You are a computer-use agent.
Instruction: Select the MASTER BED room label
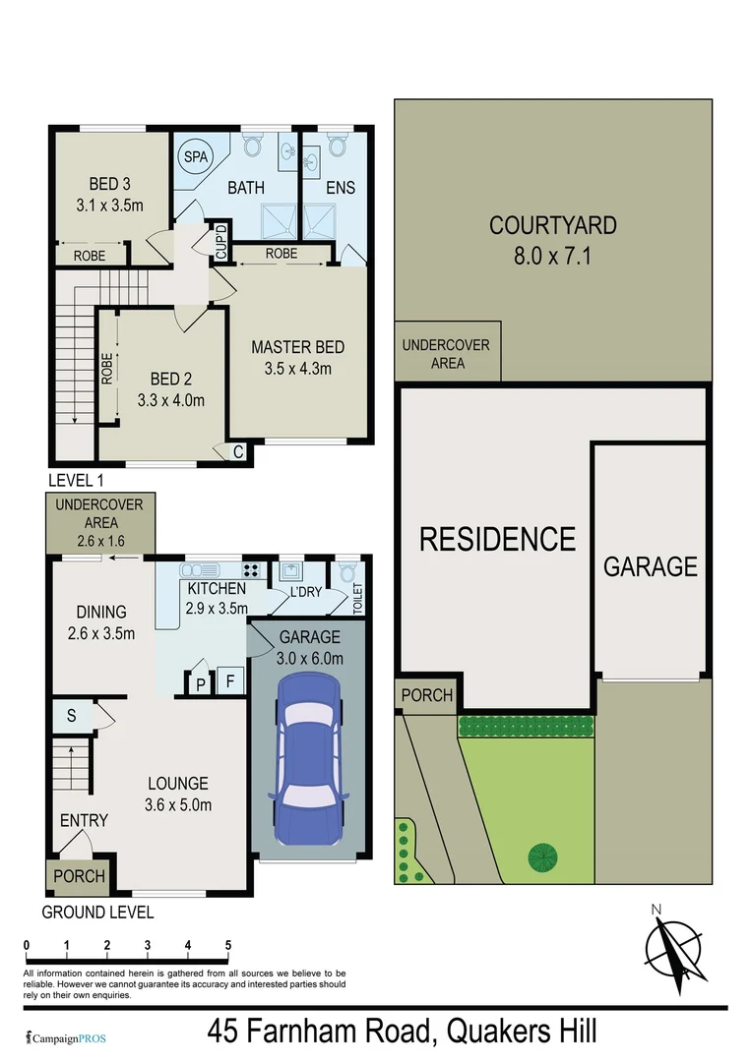tap(297, 347)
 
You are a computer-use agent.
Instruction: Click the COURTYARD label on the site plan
tap(553, 225)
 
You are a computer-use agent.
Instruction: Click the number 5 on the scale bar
tap(227, 945)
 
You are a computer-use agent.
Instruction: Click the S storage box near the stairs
tap(72, 715)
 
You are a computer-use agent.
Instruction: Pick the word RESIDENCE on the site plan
tap(498, 539)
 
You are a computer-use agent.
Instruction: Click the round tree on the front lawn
tap(542, 857)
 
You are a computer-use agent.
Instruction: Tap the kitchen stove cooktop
tap(251, 569)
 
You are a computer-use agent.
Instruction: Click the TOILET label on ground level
tap(357, 597)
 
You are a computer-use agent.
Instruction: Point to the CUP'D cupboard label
tap(221, 241)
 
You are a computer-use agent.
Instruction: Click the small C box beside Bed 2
tap(239, 452)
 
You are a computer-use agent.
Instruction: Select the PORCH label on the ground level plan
tap(79, 876)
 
